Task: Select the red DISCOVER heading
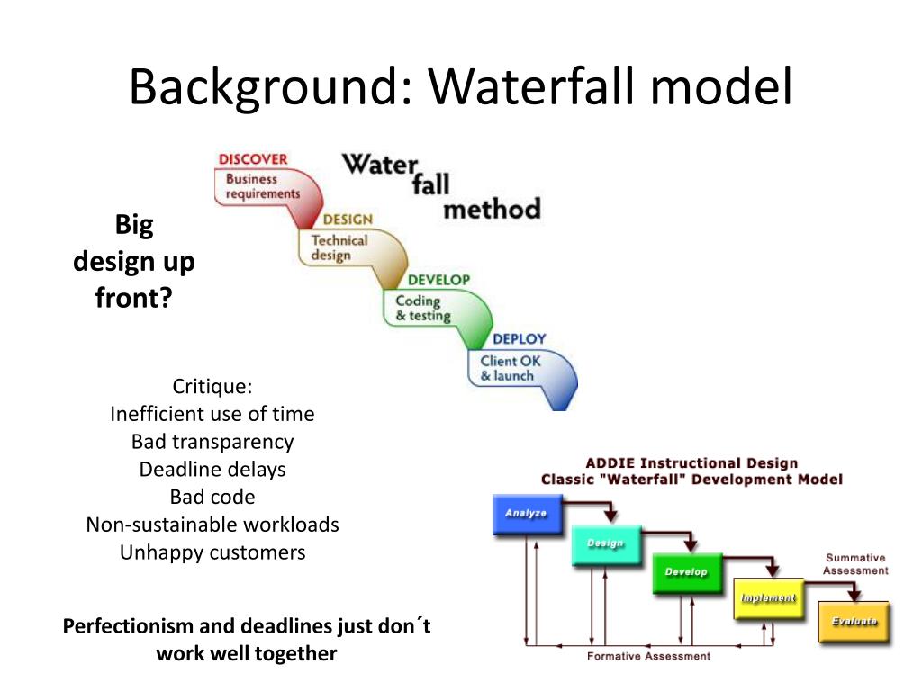[x=253, y=159]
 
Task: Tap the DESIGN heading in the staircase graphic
[x=348, y=220]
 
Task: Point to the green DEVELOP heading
[x=438, y=280]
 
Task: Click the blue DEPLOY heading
[x=519, y=339]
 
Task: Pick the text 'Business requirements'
[x=262, y=186]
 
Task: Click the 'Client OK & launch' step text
[x=511, y=369]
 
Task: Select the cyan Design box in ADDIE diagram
[x=605, y=543]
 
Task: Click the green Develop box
[x=686, y=572]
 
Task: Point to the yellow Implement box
[x=767, y=598]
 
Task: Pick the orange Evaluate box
[x=854, y=622]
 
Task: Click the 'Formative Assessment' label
[x=648, y=656]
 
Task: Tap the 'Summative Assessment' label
[x=855, y=564]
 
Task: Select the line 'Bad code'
[x=212, y=497]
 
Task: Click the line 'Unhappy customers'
[x=212, y=552]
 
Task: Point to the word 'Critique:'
[x=212, y=387]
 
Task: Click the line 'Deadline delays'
[x=212, y=470]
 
